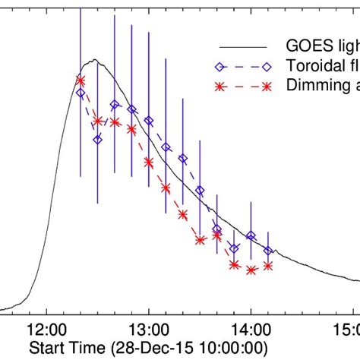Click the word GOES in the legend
tap(304, 45)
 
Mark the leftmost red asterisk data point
tap(81, 80)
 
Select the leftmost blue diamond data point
tap(81, 93)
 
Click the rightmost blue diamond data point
tap(267, 250)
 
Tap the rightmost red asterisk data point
tap(267, 265)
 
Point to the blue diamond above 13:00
tap(149, 121)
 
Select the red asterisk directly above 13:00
tap(149, 162)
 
